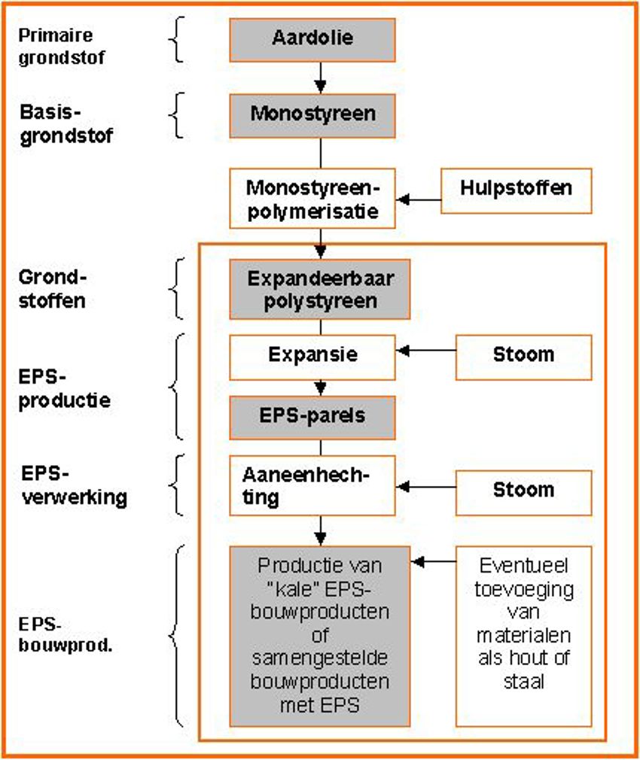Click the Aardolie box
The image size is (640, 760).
click(x=312, y=40)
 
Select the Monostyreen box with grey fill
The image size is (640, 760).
click(x=312, y=115)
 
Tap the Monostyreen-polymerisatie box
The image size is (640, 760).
click(x=312, y=198)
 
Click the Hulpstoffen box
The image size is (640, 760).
click(x=516, y=190)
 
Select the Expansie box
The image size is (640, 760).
click(x=312, y=355)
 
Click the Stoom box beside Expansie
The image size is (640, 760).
click(x=523, y=355)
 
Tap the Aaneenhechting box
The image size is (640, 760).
click(x=312, y=487)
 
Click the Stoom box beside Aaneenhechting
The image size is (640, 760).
click(x=523, y=489)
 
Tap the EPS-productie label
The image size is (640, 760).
click(x=64, y=388)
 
